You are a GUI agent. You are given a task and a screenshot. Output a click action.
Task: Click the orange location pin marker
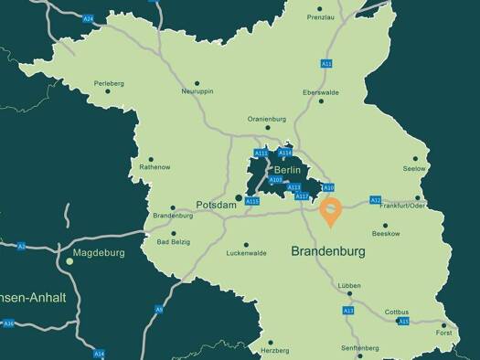pyautogui.click(x=330, y=209)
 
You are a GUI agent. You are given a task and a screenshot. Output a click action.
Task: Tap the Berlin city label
pyautogui.click(x=287, y=169)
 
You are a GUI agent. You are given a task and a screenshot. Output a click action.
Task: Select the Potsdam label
pyautogui.click(x=217, y=205)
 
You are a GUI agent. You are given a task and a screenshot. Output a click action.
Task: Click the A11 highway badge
pyautogui.click(x=325, y=63)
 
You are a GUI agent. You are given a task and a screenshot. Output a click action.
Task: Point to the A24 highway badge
pyautogui.click(x=88, y=17)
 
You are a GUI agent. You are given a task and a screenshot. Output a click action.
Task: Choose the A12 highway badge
pyautogui.click(x=375, y=199)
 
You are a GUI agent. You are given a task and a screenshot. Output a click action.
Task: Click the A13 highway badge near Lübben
pyautogui.click(x=348, y=311)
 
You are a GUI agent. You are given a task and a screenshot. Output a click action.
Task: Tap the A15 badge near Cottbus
pyautogui.click(x=403, y=322)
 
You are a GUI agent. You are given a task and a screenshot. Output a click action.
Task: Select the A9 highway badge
pyautogui.click(x=159, y=310)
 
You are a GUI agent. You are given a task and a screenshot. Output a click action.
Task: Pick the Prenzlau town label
pyautogui.click(x=321, y=17)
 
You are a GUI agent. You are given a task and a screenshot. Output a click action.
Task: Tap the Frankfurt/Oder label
pyautogui.click(x=405, y=206)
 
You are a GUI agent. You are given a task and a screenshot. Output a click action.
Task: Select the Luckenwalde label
pyautogui.click(x=246, y=253)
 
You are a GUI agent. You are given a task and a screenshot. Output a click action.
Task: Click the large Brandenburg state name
pyautogui.click(x=327, y=250)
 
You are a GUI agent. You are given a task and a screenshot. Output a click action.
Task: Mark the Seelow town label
pyautogui.click(x=414, y=169)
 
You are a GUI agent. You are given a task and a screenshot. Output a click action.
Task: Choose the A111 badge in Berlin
pyautogui.click(x=261, y=153)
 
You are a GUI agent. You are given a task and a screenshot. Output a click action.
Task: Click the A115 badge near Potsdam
pyautogui.click(x=253, y=201)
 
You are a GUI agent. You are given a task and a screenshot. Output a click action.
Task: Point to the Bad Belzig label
pyautogui.click(x=175, y=242)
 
